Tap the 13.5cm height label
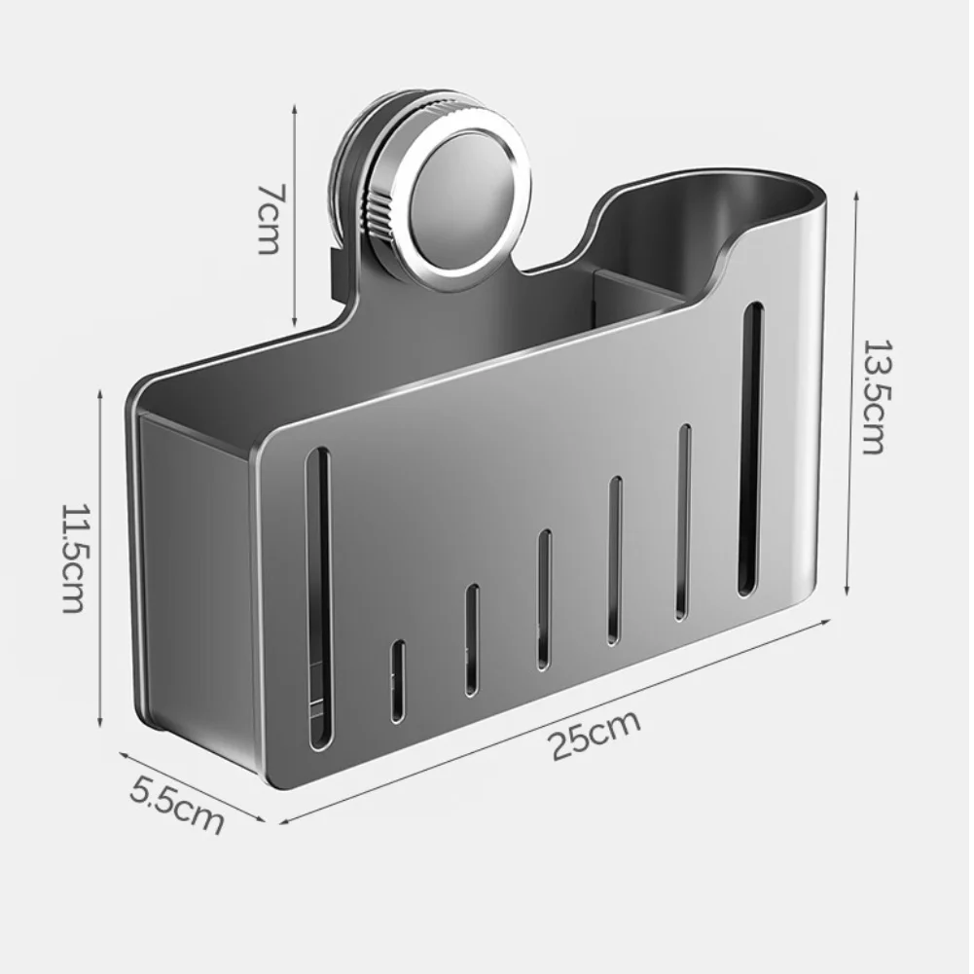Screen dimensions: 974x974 click(873, 396)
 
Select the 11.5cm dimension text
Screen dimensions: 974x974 click(74, 558)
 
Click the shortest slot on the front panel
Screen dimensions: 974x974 click(397, 681)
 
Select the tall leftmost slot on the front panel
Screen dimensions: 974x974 click(318, 598)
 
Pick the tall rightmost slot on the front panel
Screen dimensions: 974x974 click(750, 448)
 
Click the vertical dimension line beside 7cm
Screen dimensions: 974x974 click(294, 218)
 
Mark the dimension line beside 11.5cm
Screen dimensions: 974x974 click(100, 558)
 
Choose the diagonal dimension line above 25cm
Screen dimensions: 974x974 click(555, 720)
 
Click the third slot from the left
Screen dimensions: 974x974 click(471, 639)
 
